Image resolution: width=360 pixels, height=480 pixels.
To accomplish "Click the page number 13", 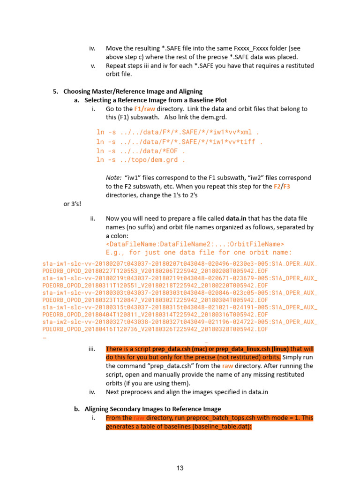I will tap(180, 468).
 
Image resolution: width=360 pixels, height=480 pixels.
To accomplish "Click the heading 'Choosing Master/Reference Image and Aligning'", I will tap(133, 91).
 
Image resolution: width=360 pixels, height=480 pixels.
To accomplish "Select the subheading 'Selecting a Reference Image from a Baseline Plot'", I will tap(156, 100).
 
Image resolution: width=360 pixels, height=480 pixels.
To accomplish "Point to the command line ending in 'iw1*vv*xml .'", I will tap(178, 132).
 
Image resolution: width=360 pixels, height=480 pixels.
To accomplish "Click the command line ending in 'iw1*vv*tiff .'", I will tap(180, 141).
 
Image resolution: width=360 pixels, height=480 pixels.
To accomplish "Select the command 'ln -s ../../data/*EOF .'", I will tap(141, 150).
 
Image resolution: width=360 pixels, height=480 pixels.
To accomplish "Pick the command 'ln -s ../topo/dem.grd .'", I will tap(141, 160).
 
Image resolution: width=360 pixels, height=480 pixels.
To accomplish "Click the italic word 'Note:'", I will tap(114, 178).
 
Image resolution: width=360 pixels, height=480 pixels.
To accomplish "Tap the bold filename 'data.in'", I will tap(237, 218).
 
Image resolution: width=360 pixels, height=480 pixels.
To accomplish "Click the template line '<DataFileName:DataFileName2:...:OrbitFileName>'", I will tap(195, 244).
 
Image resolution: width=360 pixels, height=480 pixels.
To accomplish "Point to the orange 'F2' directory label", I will tap(277, 186).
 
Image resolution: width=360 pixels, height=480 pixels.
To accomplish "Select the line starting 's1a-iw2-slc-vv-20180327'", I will tap(180, 322).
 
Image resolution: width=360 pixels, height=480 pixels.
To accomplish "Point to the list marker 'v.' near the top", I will tap(93, 66).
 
